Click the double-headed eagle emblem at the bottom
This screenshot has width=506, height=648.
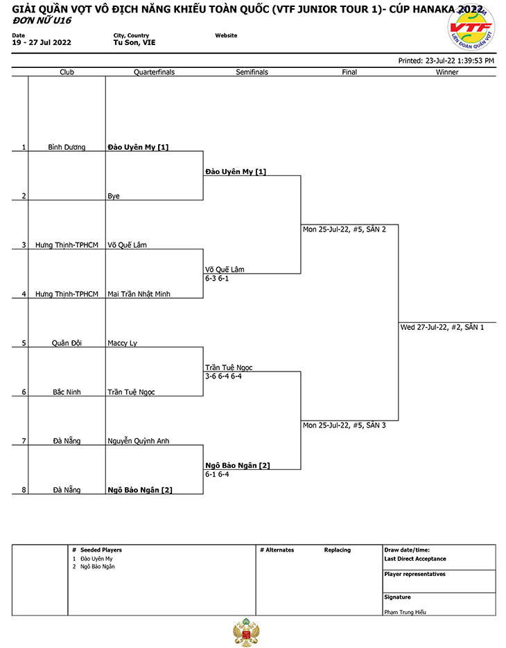[x=247, y=632]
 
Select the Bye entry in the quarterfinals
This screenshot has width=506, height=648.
[x=114, y=196]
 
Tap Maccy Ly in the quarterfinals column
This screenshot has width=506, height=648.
[x=123, y=343]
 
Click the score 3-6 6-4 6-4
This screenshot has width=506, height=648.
[x=224, y=376]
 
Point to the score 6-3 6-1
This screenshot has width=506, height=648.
[x=217, y=278]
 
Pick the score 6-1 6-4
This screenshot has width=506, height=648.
[x=217, y=474]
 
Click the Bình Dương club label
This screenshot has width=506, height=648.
[x=67, y=147]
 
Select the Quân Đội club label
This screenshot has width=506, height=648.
[x=67, y=343]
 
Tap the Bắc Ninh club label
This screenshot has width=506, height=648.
[x=67, y=392]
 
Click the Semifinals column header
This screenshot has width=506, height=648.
[x=252, y=72]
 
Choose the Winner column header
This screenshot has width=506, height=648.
[x=447, y=72]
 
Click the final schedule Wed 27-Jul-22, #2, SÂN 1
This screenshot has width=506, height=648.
[x=442, y=327]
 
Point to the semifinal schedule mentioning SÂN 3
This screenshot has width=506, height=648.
[x=344, y=426]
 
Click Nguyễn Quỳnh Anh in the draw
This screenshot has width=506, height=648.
[x=139, y=441]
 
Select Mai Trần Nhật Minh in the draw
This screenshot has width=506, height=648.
[x=139, y=294]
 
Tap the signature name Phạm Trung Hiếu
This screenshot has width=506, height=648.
[x=405, y=612]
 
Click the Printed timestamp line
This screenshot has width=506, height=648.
[x=446, y=61]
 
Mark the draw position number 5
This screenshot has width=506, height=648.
[x=24, y=343]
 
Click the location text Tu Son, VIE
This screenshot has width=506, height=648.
[x=134, y=42]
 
